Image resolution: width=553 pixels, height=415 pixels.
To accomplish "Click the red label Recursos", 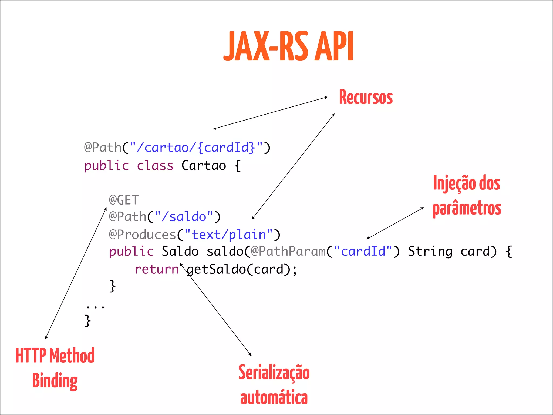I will [366, 97].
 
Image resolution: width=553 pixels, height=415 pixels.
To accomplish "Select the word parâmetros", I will [467, 209].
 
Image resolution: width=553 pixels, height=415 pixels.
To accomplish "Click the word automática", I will [274, 398].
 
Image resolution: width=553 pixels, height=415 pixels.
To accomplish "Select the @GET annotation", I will [124, 200].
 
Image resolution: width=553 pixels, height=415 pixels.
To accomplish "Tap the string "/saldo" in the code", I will [184, 217].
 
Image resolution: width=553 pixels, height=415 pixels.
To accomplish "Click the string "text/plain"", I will [229, 235].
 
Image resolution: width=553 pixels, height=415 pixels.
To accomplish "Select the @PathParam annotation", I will [288, 251].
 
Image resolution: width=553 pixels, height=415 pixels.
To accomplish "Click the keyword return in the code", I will [157, 269].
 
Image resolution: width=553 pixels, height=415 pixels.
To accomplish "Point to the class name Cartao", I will [204, 166].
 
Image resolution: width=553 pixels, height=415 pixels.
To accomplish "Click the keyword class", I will [155, 166].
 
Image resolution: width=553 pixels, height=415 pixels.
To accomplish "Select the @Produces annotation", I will [143, 235].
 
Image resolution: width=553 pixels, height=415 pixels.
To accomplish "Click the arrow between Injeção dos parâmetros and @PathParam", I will [395, 223].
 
